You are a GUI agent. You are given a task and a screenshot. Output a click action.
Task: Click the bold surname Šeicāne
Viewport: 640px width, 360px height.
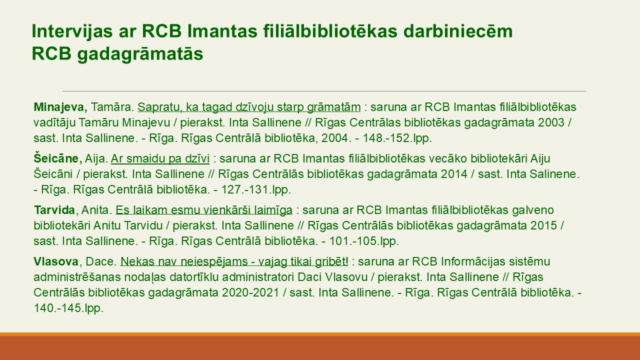pos(56,158)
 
